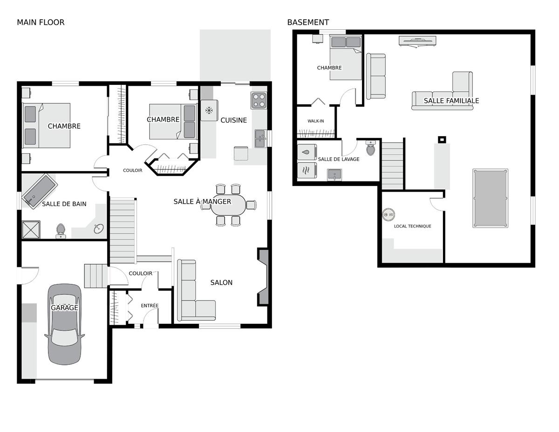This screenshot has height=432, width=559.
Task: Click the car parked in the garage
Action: tap(65, 324)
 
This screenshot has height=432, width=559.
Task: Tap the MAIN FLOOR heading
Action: tap(41, 22)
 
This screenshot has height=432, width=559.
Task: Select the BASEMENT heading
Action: tap(308, 22)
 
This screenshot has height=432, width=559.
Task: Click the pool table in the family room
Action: tap(490, 198)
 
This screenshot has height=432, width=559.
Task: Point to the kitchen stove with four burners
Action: tap(259, 101)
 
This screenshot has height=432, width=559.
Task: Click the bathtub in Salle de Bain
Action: tap(40, 191)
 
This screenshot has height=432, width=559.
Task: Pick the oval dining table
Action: tap(228, 205)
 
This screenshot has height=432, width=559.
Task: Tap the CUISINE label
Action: tap(233, 120)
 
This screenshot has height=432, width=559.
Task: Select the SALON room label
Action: tap(221, 282)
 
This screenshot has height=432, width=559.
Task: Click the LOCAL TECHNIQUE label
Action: tap(412, 226)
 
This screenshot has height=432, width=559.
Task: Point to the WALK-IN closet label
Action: tap(316, 121)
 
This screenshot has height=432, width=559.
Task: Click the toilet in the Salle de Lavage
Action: tap(370, 148)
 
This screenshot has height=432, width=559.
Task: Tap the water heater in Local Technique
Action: tap(389, 214)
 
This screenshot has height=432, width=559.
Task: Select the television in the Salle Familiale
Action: tap(417, 41)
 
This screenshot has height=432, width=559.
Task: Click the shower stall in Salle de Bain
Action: tap(31, 229)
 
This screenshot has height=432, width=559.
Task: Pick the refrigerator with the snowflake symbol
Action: tap(209, 110)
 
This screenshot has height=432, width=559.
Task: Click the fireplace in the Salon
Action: tap(263, 277)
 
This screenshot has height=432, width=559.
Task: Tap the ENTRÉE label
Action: tap(150, 305)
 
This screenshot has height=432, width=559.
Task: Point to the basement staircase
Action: tap(392, 166)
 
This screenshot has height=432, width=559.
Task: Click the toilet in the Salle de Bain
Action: tap(61, 231)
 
